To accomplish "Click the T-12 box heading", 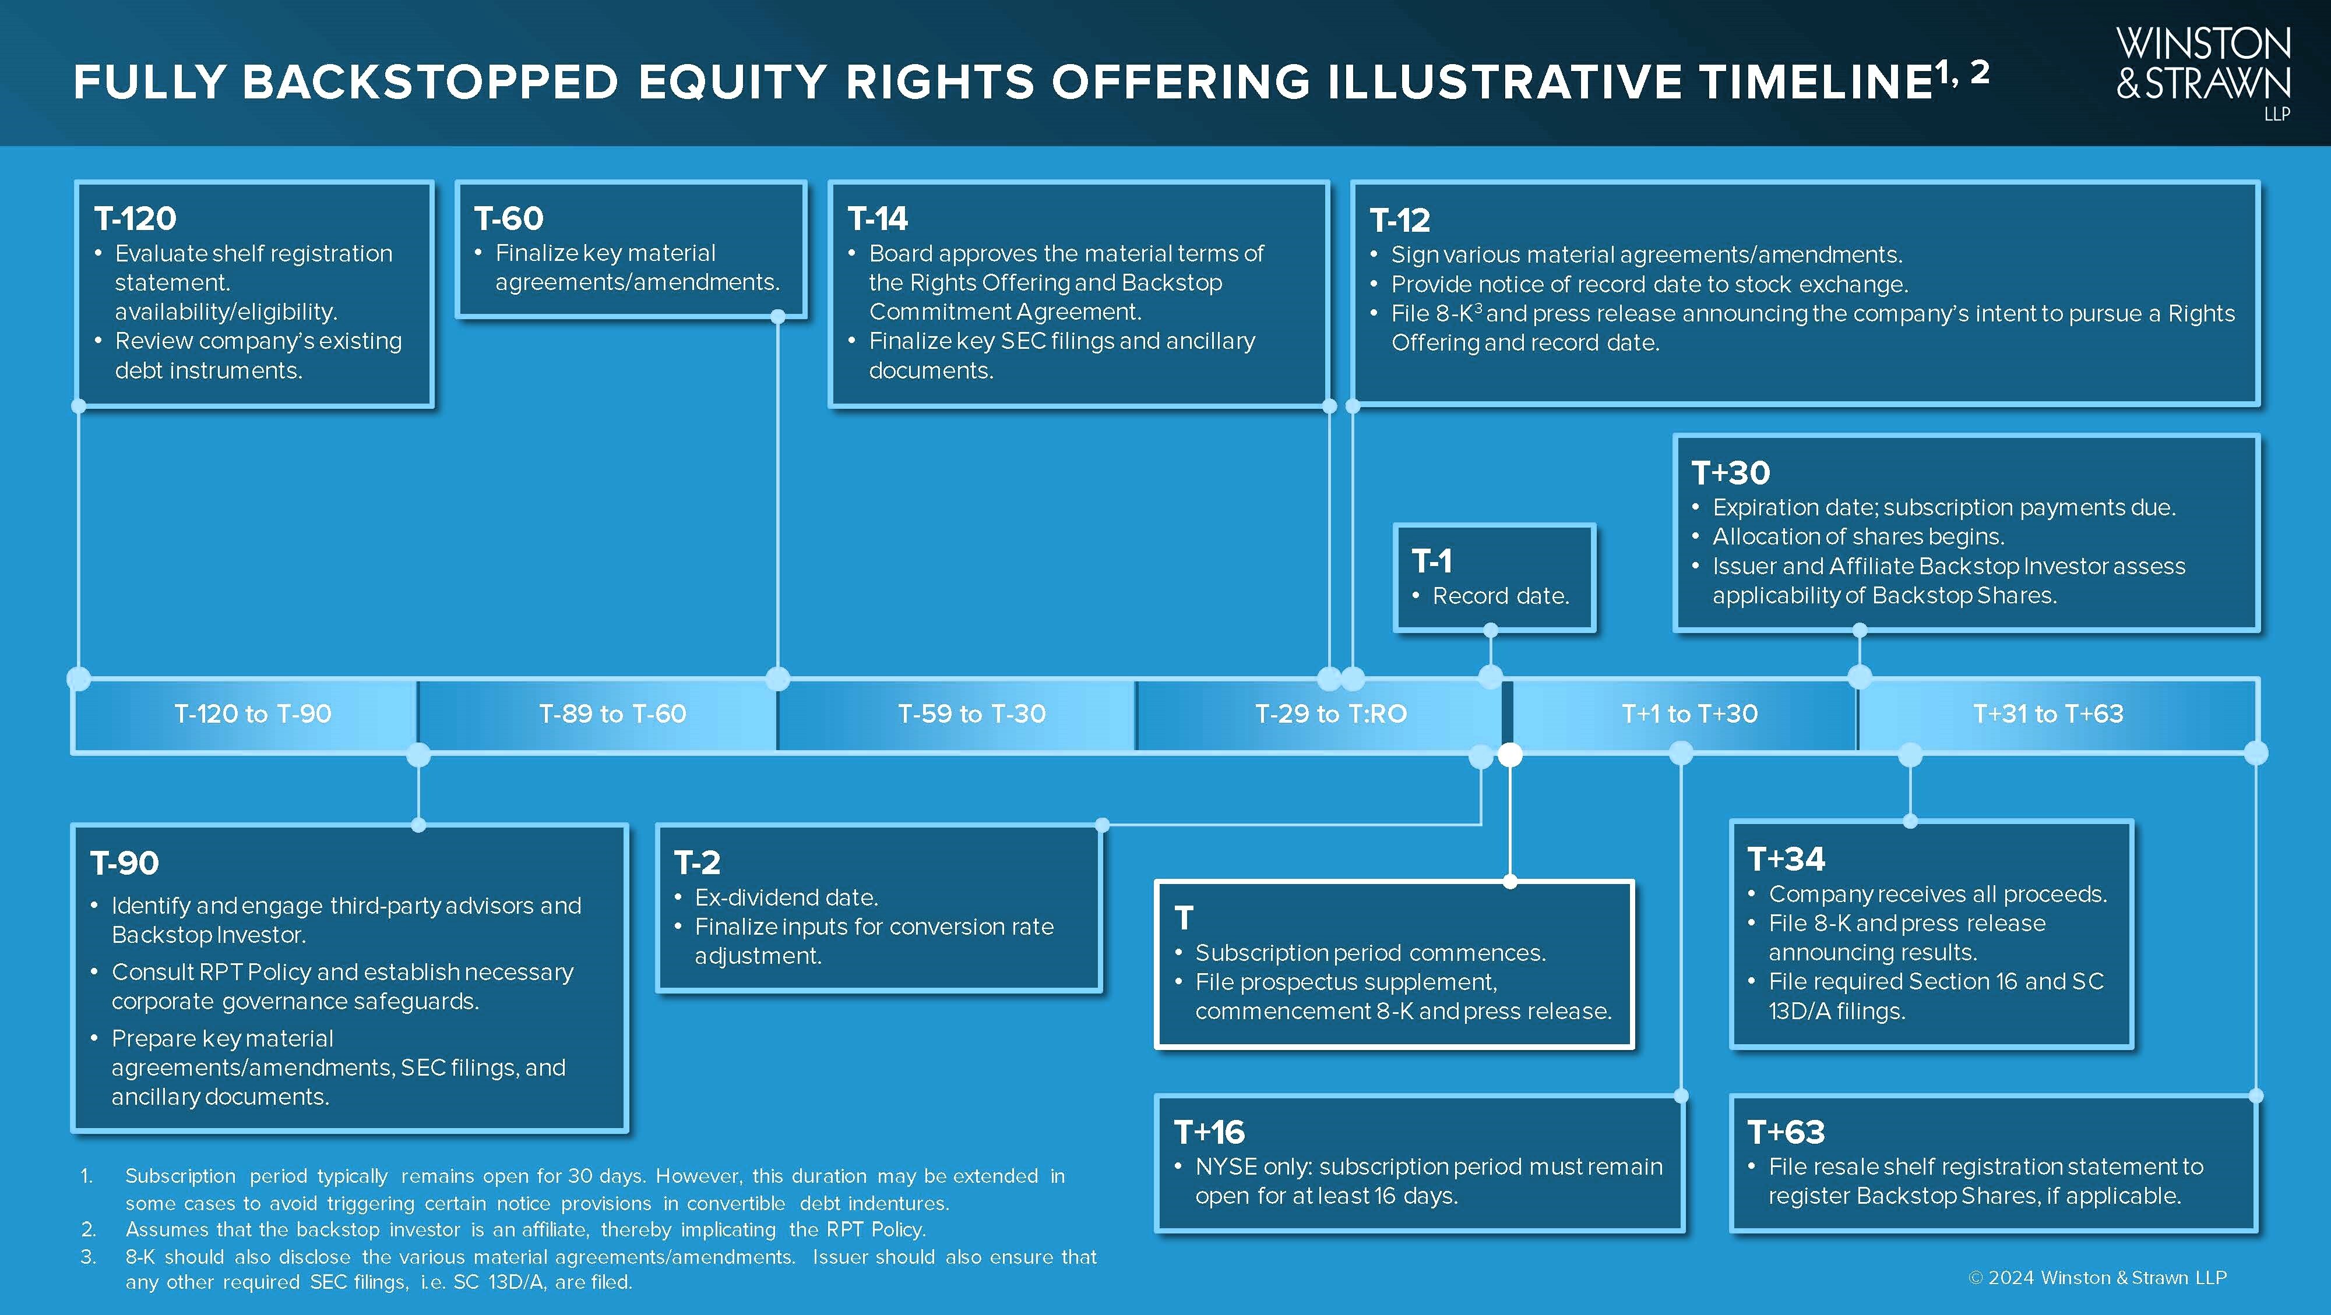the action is click(1400, 220).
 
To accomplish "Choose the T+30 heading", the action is click(1730, 472).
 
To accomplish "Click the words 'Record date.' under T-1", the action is click(1501, 596).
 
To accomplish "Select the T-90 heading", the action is click(124, 863).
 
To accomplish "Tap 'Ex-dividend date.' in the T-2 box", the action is click(786, 897).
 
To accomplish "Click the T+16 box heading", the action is click(1209, 1132).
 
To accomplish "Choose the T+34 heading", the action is click(1786, 858).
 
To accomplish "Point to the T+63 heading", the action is click(1786, 1132).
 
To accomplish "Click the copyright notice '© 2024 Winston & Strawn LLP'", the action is click(2097, 1278).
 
